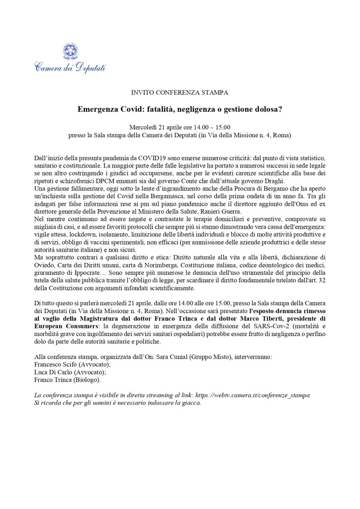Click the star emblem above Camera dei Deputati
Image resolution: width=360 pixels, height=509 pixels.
[70, 51]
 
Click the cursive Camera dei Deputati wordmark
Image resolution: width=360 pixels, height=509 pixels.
[70, 67]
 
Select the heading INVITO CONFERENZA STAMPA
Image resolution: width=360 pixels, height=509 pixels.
[180, 92]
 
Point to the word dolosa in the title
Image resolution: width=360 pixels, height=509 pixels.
[265, 109]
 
